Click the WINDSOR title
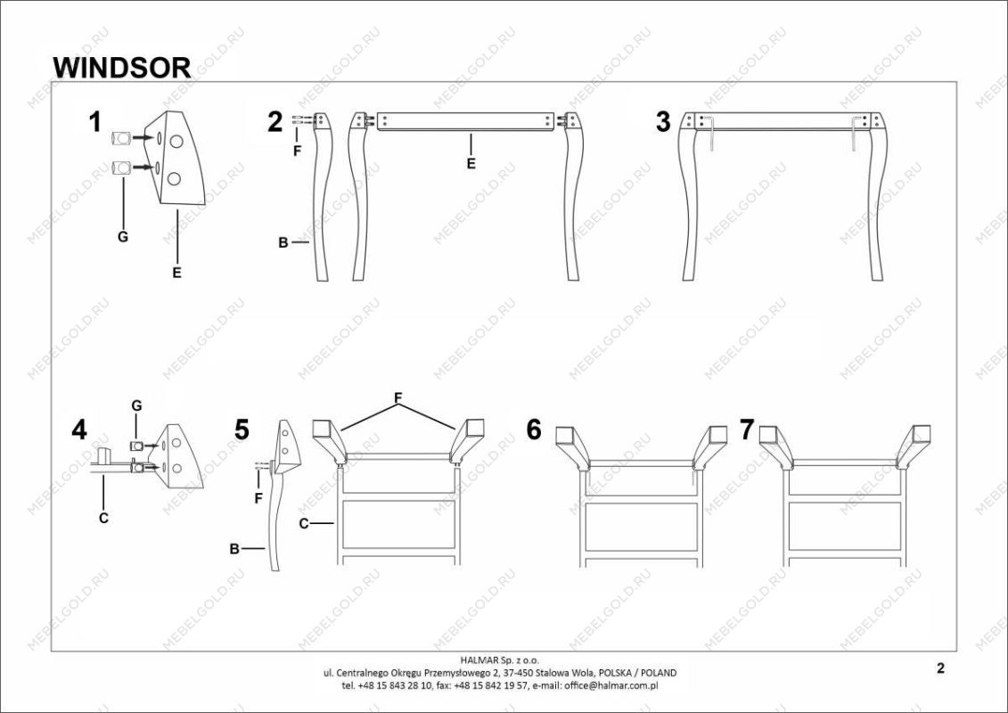point(121,67)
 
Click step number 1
point(95,122)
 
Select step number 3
point(663,122)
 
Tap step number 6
point(534,430)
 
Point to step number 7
point(746,430)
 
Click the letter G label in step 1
point(123,236)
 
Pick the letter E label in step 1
point(176,273)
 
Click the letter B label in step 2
point(283,243)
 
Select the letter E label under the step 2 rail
point(471,164)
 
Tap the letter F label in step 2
point(297,152)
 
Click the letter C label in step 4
point(103,518)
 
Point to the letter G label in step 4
point(137,406)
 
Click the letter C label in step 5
point(304,524)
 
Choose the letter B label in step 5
point(234,549)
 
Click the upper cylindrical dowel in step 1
point(121,138)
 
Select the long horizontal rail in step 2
point(465,122)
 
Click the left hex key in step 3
point(709,133)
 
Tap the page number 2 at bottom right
point(940,668)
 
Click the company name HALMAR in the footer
point(479,660)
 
